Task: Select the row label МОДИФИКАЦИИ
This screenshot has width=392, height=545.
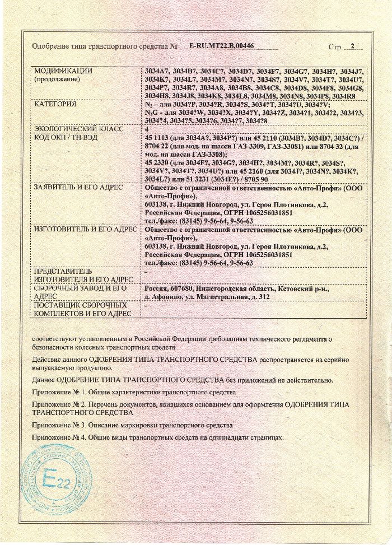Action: tap(63, 71)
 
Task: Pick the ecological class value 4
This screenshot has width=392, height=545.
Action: tap(147, 128)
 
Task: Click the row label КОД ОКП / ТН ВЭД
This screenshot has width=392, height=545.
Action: tap(68, 137)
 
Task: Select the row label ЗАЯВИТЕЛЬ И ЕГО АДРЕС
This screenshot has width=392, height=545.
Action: tap(78, 186)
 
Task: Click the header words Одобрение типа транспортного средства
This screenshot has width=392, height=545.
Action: tap(101, 46)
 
